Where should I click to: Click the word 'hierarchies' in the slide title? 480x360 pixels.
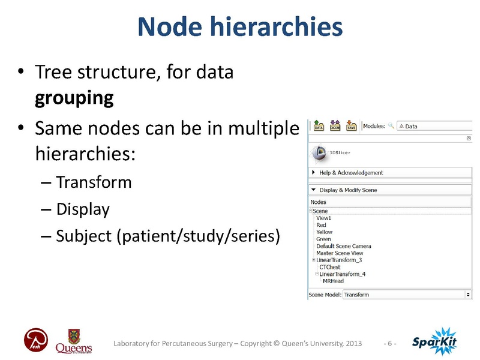click(287, 27)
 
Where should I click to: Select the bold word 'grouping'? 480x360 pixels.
click(74, 98)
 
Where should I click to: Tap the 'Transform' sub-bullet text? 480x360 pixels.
click(94, 182)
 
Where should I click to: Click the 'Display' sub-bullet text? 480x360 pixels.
click(83, 209)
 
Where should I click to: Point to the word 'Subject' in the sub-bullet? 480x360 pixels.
click(83, 236)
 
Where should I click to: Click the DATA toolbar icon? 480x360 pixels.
click(319, 126)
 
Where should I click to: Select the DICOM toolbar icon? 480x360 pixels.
click(335, 126)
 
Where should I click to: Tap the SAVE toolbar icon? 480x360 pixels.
click(351, 126)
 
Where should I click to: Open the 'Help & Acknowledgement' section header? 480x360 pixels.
click(351, 173)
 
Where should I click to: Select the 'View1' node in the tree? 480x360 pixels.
click(323, 218)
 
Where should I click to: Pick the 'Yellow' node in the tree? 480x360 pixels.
click(324, 232)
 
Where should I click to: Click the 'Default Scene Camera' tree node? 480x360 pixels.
click(343, 246)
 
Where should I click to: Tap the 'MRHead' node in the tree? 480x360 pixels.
click(333, 281)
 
